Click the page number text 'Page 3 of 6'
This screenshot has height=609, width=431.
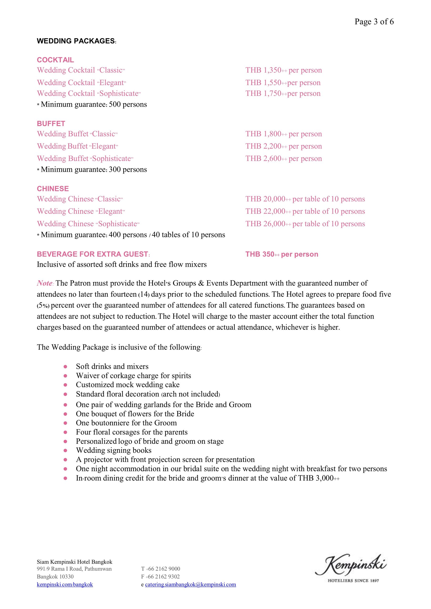[374, 22]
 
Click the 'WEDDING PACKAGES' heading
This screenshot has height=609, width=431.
[76, 41]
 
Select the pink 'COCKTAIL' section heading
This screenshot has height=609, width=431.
[55, 60]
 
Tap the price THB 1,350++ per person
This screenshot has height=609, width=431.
[283, 70]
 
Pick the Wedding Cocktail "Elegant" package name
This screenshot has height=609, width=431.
[81, 83]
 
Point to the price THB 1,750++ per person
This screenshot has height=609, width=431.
[283, 94]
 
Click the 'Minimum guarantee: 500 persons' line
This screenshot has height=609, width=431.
[92, 104]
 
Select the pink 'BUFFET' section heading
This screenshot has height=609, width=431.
[51, 124]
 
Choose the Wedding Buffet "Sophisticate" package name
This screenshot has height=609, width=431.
[85, 159]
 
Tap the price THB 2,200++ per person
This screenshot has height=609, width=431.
[283, 146]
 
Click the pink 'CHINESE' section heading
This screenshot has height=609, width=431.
[53, 189]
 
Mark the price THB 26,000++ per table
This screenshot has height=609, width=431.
[305, 224]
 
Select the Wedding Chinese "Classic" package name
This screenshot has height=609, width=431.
[80, 199]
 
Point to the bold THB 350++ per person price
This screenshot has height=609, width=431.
[281, 254]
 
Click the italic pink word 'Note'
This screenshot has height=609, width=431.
[45, 283]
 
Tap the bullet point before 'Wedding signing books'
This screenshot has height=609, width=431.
[65, 450]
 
